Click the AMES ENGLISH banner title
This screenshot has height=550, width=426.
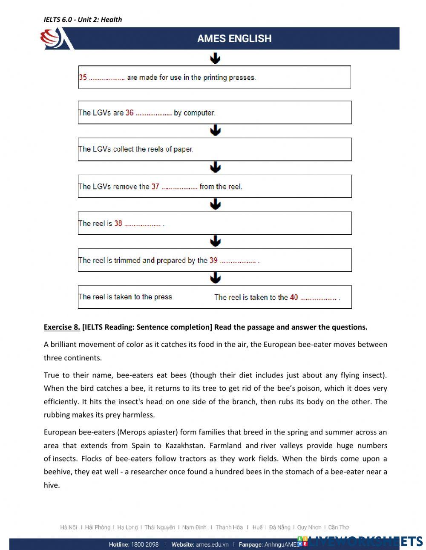click(x=234, y=38)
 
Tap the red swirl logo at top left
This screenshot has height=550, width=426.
click(x=51, y=38)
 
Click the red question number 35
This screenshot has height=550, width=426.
click(x=83, y=78)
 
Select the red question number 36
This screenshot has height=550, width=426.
click(x=130, y=113)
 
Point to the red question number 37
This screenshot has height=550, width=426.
click(x=155, y=187)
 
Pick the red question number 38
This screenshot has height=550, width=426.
click(x=118, y=223)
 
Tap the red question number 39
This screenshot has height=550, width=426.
click(x=213, y=260)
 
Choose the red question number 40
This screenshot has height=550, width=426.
click(x=294, y=297)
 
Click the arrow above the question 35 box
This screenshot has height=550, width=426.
click(x=215, y=58)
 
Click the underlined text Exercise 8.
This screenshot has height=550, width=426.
click(x=62, y=327)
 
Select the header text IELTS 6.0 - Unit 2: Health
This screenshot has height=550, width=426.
click(x=83, y=19)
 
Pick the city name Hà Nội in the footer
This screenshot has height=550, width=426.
click(x=69, y=527)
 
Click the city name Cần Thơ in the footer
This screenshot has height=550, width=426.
click(x=338, y=527)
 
